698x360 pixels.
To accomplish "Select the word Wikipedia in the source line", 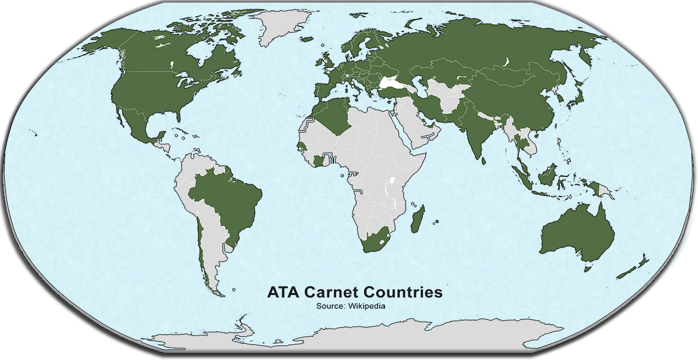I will tap(367, 306).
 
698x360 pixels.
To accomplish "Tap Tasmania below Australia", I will tap(587, 267).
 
